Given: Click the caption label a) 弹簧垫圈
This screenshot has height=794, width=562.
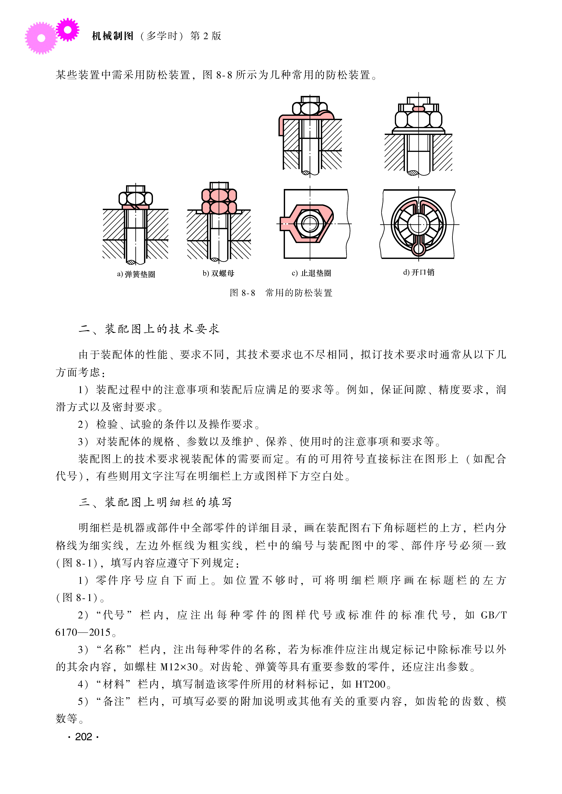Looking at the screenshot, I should click(136, 274).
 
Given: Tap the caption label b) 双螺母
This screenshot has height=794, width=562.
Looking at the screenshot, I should click(218, 273).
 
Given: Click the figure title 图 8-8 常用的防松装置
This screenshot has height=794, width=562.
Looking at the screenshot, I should click(281, 293).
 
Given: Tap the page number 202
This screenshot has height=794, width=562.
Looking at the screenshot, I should click(83, 737).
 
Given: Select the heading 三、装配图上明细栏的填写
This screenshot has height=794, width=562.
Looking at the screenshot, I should click(155, 502).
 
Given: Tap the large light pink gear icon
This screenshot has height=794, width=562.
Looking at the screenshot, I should click(41, 38).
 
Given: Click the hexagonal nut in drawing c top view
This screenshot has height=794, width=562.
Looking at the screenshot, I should click(310, 224).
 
